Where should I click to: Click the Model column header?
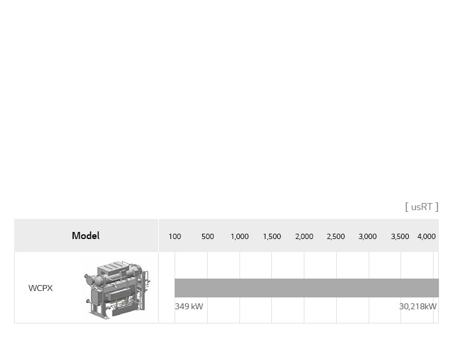pos(86,235)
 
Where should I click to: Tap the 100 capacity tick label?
pos(175,237)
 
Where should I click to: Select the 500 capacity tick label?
pos(208,237)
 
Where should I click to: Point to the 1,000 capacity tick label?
pos(239,237)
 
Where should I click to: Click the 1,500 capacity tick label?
pos(272,237)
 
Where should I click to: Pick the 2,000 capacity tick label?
pos(304,237)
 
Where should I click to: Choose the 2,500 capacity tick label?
pos(336,237)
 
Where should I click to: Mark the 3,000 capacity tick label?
pos(367,237)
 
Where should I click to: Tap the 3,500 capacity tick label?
pos(400,237)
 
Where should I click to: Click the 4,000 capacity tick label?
pos(426,237)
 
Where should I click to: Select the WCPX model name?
pos(41,289)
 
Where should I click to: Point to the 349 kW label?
pos(189,306)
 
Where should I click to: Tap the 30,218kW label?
pos(418,306)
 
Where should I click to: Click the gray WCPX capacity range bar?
pos(307,288)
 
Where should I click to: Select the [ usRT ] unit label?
pos(422,207)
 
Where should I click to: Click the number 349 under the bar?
pos(182,306)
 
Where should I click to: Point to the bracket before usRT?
pos(407,207)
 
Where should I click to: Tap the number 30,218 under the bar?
pos(412,306)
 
